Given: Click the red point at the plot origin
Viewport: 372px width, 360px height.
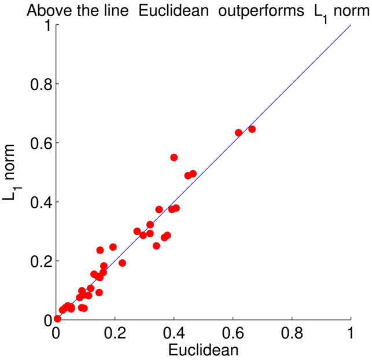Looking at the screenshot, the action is click(x=57, y=318).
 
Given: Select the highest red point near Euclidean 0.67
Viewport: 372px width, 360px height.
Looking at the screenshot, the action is click(x=252, y=129).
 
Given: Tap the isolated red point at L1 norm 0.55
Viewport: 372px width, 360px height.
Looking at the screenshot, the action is click(x=174, y=157).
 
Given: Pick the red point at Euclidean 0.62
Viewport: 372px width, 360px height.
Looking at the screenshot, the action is click(x=238, y=133).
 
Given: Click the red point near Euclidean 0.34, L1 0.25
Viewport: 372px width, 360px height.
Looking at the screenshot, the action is click(x=156, y=246).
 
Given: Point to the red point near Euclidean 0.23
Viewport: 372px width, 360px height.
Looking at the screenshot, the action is click(x=122, y=263).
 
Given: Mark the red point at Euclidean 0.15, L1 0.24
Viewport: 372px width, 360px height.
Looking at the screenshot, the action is click(x=100, y=250).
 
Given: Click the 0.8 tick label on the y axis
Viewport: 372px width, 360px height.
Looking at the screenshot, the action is click(x=41, y=85).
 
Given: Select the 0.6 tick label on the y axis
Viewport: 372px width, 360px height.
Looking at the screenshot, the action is click(x=41, y=143).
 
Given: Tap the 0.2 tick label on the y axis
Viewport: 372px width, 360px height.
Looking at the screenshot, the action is click(x=41, y=261).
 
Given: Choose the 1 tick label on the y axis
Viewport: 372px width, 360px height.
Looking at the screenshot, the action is click(x=48, y=25).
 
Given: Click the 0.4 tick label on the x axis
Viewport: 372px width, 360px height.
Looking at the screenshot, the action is click(x=174, y=333).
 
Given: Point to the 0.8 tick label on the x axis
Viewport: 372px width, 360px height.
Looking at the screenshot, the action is click(x=292, y=333).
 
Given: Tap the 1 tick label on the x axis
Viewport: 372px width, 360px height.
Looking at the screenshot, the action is click(x=351, y=333).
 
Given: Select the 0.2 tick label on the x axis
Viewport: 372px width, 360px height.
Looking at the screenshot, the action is click(x=115, y=333).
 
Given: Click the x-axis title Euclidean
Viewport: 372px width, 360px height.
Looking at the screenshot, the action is click(x=203, y=350).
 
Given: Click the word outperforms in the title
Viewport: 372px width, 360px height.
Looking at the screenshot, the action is click(x=261, y=11).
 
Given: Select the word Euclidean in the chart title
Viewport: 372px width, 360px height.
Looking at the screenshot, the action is click(x=174, y=10).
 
